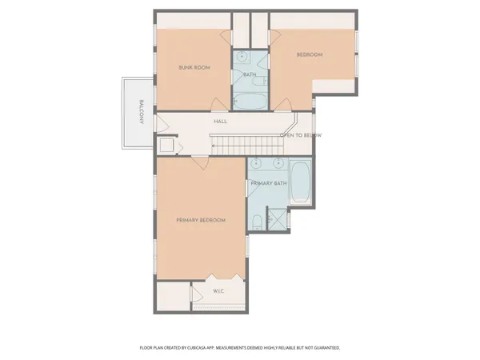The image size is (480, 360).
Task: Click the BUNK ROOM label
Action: [x=194, y=68]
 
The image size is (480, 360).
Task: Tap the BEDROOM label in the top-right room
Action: [x=309, y=54]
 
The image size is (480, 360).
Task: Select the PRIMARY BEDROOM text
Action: [x=200, y=220]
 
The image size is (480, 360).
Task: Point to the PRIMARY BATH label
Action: [x=268, y=184]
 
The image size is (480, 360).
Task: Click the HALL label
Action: [x=220, y=122]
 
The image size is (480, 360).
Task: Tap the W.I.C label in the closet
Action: [x=218, y=291]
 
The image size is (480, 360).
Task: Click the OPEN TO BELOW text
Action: [x=301, y=136]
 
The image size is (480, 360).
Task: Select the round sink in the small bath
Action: [x=242, y=58]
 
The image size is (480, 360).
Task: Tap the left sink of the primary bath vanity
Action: [x=258, y=165]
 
